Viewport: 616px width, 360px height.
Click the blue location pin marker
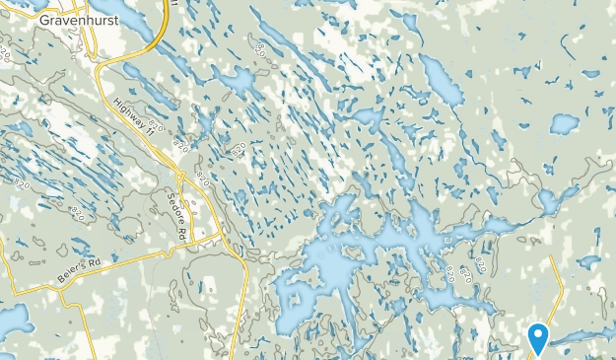coord(538,338)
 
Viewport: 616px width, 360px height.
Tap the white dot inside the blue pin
coord(538,333)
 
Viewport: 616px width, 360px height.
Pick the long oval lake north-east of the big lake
coord(443,80)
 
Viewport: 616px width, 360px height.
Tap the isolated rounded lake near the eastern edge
coord(565,123)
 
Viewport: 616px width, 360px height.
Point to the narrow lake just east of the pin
coord(577,337)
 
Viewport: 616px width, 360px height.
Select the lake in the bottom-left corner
coord(12,321)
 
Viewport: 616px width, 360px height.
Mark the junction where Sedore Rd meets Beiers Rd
coord(193,240)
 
